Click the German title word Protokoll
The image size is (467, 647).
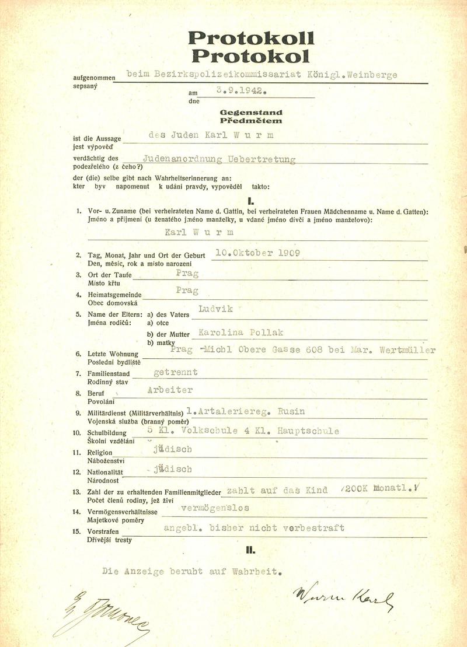point(251,39)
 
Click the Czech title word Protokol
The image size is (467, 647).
point(251,56)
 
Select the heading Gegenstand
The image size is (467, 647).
point(251,111)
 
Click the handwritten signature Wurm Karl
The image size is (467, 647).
point(343,597)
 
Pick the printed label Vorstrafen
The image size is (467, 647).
point(104,532)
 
